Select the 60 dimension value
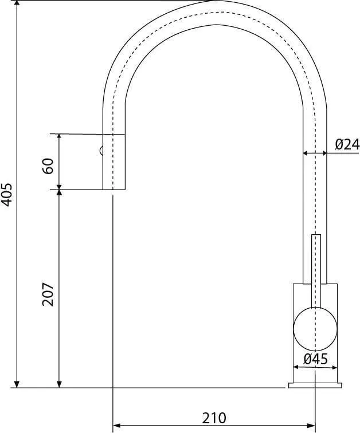coord(49,166)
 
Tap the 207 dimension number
coord(49,294)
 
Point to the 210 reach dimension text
coord(213,418)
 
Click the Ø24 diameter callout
coord(347,144)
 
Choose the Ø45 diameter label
coord(316,360)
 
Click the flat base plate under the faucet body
coord(315,385)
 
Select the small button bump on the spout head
coord(101,151)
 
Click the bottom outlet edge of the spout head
coord(114,189)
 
